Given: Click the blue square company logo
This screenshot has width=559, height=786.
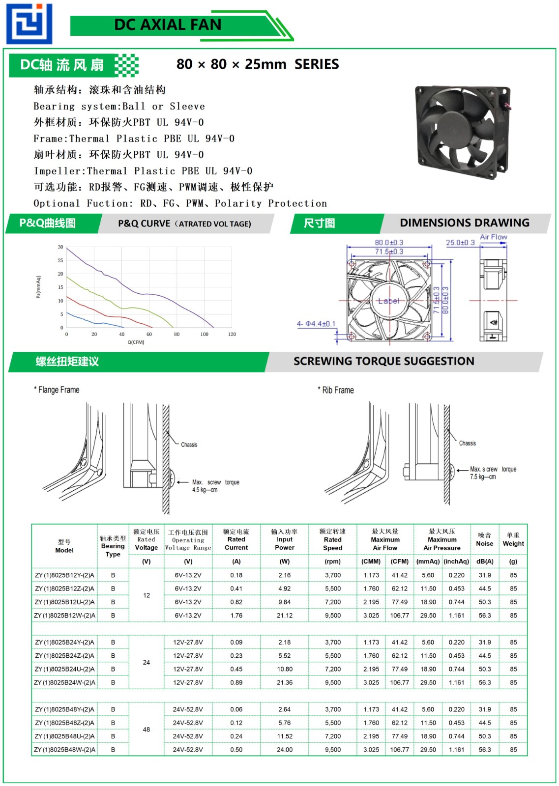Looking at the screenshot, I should [29, 24].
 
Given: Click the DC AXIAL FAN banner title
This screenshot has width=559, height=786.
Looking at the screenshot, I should [168, 25].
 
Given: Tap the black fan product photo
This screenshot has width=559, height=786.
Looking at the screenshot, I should [462, 132].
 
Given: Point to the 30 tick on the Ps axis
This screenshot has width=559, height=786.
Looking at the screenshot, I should [60, 247].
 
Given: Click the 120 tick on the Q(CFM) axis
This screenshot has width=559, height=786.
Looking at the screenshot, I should [232, 335].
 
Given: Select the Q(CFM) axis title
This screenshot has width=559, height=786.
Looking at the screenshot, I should [136, 342].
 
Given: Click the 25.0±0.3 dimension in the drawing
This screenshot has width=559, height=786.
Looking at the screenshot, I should [460, 243].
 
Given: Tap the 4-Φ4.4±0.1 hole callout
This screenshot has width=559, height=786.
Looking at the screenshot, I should [316, 324].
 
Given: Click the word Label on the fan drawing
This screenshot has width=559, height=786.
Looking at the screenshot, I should [388, 301].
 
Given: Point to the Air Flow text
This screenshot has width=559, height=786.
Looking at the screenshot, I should [494, 237].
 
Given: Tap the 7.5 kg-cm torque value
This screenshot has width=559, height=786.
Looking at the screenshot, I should [483, 477].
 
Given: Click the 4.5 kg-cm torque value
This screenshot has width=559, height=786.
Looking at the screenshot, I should [205, 490].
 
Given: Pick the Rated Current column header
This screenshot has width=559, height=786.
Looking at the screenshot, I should [236, 539].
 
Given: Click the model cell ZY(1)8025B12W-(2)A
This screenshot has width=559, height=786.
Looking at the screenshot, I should [64, 616].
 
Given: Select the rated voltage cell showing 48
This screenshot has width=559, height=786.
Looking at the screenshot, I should [147, 730].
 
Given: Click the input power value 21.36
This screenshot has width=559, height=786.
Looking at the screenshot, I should [285, 683].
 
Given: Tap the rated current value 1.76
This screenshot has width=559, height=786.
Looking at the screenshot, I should [236, 616].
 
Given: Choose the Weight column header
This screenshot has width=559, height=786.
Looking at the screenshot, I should [513, 539].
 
